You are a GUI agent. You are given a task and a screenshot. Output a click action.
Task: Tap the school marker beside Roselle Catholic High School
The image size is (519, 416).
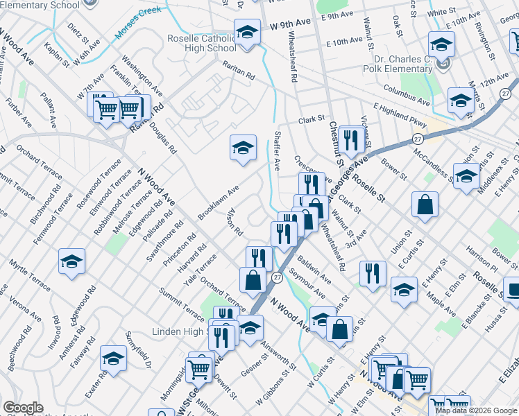[246, 33]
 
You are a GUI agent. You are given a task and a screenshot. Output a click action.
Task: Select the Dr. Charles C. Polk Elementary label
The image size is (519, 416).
[398, 64]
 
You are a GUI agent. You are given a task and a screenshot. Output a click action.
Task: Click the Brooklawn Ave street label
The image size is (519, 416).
[219, 199]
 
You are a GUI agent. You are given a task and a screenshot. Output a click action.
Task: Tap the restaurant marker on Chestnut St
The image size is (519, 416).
[353, 141]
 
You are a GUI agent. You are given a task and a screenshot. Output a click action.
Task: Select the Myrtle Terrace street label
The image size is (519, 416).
[30, 275]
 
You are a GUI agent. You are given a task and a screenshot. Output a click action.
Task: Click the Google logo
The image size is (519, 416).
[24, 408]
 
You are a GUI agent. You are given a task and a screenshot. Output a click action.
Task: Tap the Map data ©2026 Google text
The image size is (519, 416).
[476, 410]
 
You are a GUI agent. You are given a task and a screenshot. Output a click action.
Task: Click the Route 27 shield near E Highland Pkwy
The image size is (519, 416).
[417, 139]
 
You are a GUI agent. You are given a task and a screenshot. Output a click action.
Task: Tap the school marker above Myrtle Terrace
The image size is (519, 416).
[71, 261]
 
